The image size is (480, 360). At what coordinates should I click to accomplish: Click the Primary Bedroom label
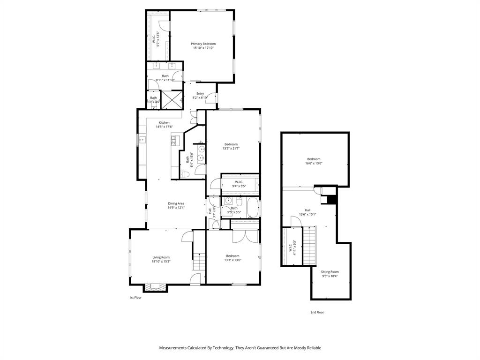[203, 44]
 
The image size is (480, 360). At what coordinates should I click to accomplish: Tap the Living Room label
[161, 257]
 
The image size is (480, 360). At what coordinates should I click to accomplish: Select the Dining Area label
[176, 203]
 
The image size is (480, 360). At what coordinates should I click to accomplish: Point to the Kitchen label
[164, 123]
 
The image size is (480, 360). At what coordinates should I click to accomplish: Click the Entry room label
[200, 94]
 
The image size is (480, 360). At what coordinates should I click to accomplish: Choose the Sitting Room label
[330, 272]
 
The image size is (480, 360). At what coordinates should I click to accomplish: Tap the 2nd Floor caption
[317, 312]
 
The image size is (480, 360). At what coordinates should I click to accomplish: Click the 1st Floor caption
[135, 297]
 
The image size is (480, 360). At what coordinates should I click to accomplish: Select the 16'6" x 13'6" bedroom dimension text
[314, 163]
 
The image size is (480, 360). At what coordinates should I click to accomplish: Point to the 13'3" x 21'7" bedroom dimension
[231, 149]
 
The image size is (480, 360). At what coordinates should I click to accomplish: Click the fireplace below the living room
[154, 287]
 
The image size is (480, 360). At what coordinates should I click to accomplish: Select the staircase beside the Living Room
[200, 261]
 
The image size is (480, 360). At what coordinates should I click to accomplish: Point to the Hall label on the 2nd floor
[307, 210]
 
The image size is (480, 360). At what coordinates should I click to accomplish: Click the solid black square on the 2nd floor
[332, 200]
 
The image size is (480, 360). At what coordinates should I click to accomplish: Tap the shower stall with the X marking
[171, 99]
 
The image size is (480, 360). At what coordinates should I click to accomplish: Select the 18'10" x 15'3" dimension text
[161, 261]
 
